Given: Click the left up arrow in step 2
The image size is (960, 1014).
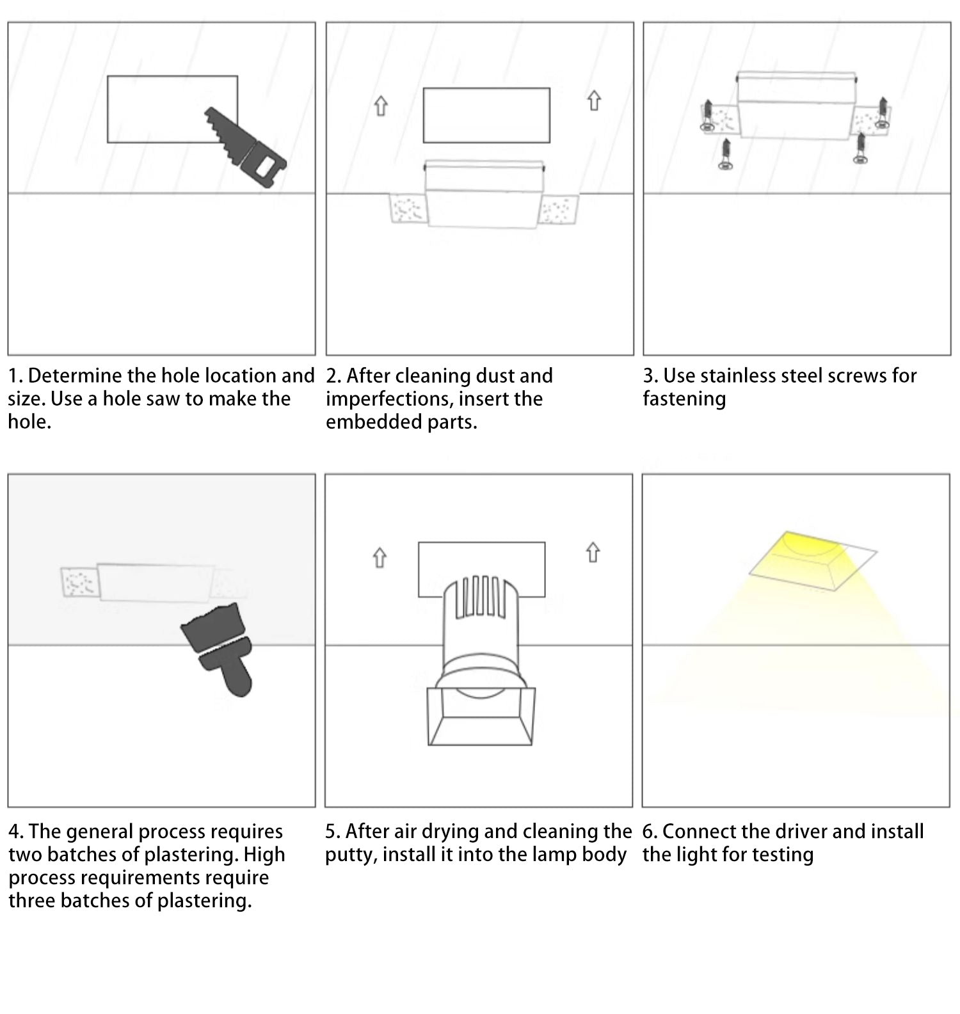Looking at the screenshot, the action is [381, 106].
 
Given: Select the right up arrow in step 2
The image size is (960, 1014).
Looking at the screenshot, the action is [594, 100].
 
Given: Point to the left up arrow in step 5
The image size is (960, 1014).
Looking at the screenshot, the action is [380, 557].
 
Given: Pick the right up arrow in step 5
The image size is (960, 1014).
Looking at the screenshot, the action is [593, 553].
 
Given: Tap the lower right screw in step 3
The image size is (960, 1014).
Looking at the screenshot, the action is [861, 148].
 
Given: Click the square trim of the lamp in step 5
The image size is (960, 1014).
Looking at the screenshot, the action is [481, 717].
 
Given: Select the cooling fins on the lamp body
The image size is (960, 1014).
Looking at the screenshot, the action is [480, 598].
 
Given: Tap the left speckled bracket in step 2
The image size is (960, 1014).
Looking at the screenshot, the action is [408, 209].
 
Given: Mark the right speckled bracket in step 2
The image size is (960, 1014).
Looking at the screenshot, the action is [559, 209].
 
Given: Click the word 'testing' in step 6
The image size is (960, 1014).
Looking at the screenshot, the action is [781, 855].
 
